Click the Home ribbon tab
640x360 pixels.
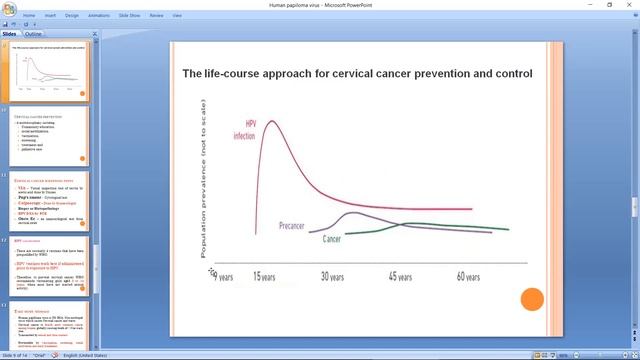pos(29,16)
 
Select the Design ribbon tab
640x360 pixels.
pos(72,16)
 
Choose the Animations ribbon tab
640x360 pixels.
pos(99,16)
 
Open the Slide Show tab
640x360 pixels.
pos(130,16)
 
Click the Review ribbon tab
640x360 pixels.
pos(156,16)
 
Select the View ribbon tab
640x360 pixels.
pos(177,16)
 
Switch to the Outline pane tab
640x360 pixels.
pos(33,34)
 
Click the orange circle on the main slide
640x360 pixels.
pos(532,299)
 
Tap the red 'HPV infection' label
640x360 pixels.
pos(244,131)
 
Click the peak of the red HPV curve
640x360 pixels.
pos(267,122)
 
